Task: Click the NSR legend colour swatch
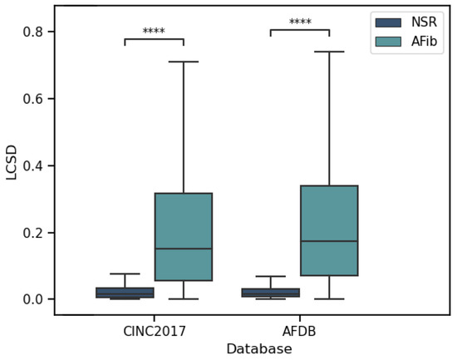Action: tap(387, 22)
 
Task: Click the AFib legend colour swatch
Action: tap(387, 41)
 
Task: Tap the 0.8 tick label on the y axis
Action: tap(37, 32)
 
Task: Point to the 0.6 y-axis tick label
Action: tap(37, 99)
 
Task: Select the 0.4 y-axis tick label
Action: tap(37, 165)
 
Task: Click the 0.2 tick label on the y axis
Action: tap(37, 233)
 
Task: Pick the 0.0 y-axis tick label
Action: tap(37, 299)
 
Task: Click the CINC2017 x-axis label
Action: tap(154, 331)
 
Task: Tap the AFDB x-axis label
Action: tap(299, 331)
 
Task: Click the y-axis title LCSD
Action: tap(12, 162)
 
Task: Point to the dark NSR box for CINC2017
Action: tap(125, 293)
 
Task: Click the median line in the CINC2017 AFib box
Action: tap(183, 249)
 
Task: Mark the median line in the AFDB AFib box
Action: tap(329, 241)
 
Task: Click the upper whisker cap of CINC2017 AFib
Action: tap(183, 62)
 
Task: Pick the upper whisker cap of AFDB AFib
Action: tap(329, 52)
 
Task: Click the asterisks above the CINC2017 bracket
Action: tap(154, 32)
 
